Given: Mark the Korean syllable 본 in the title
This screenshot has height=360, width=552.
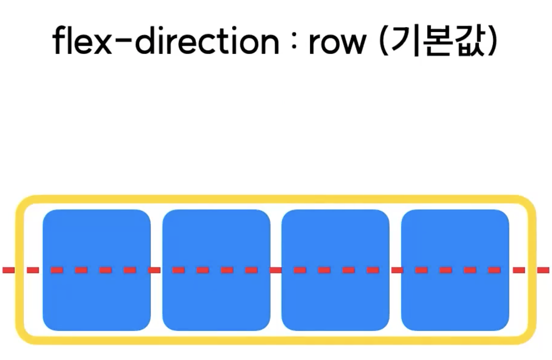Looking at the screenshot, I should (x=438, y=42).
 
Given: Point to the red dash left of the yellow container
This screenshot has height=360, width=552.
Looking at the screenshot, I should (x=8, y=270).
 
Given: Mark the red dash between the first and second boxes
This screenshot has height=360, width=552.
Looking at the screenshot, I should (x=154, y=270).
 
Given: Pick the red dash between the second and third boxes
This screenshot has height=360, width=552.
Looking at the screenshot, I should (x=276, y=270).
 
